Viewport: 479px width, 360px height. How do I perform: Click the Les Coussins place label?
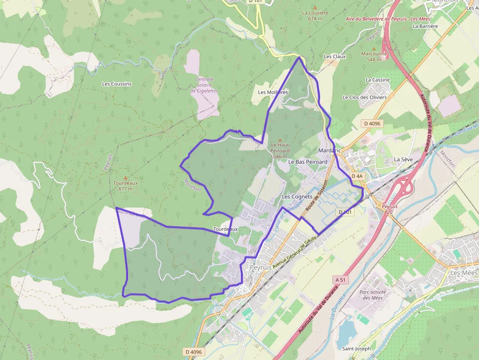point(116,84)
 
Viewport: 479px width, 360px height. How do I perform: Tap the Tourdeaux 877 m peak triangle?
point(125,178)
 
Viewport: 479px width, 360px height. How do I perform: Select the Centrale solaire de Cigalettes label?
point(204,85)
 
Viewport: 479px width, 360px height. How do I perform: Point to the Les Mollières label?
point(273,92)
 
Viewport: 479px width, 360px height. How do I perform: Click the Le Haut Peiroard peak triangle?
point(280,139)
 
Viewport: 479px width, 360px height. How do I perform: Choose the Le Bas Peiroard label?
point(307,161)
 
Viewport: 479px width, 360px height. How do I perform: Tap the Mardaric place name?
point(329,150)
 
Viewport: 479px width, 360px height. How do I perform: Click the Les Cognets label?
point(297,196)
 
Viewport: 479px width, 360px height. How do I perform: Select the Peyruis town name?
point(261,268)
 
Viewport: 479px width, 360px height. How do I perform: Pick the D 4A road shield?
point(357,176)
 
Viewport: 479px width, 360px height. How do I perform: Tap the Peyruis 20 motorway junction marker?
point(379,206)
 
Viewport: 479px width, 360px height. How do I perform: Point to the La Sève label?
point(404,159)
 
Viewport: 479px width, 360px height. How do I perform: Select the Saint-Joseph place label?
point(356,349)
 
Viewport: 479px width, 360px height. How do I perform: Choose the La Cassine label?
point(378,80)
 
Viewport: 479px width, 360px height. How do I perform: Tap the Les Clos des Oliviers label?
point(365,97)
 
